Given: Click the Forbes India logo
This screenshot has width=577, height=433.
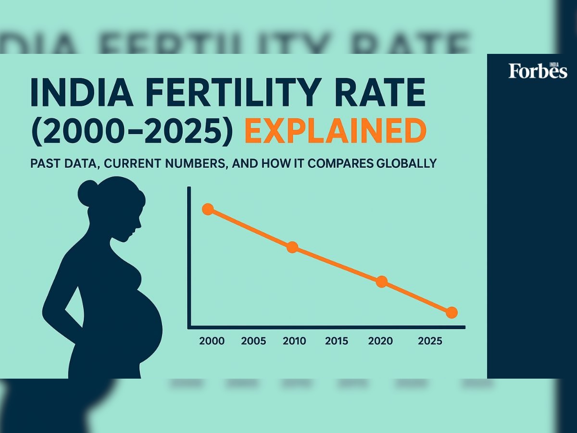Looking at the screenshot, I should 538,70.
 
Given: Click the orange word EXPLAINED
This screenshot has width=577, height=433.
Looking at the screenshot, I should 335,131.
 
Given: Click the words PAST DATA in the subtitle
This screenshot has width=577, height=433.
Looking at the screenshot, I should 63,164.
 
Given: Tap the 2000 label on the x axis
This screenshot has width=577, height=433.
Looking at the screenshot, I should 212,341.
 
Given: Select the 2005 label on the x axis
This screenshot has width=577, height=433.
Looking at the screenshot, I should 253,341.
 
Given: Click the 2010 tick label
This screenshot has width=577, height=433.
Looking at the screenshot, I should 294,341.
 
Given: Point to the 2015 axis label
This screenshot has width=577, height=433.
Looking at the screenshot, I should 337,341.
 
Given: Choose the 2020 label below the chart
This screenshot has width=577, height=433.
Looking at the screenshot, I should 380,341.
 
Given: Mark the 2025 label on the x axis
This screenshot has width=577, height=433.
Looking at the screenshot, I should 430,341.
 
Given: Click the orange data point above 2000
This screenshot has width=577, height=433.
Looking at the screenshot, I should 208,209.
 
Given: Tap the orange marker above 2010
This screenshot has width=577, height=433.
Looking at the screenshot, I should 292,247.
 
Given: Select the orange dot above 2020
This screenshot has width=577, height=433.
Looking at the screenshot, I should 381,282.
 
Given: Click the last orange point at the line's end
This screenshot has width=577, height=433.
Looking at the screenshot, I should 451,313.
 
